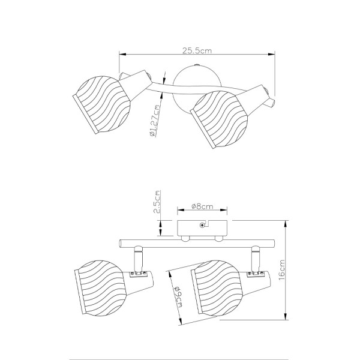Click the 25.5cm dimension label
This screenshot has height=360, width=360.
[197, 50]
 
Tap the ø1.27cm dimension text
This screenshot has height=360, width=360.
[155, 121]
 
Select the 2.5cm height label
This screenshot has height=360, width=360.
[157, 202]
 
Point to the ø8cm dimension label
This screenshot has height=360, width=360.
[202, 206]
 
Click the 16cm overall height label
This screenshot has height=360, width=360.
[281, 269]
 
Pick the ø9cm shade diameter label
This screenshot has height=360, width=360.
[178, 297]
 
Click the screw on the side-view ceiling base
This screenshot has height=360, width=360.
[202, 225]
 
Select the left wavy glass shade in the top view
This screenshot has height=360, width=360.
[102, 104]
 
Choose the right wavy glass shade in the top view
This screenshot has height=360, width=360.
[219, 119]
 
